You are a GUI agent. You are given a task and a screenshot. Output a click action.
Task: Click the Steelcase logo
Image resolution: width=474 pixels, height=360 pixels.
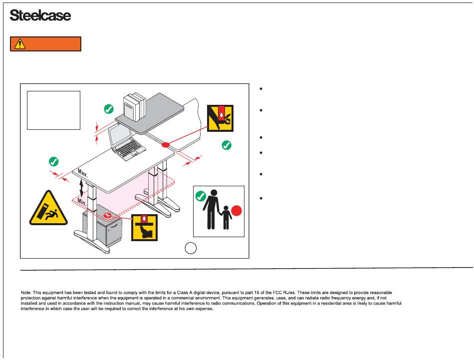pos(40,16)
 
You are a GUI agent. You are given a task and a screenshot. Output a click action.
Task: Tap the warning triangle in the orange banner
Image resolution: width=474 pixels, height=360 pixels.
pos(20,44)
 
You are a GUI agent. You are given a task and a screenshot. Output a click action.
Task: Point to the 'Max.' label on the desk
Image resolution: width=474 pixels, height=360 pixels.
pos(83,174)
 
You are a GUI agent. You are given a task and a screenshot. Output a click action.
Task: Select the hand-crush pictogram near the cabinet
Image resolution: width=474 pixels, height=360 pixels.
pos(144,227)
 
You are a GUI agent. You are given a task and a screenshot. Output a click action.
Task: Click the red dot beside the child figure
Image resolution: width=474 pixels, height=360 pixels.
pos(237,211)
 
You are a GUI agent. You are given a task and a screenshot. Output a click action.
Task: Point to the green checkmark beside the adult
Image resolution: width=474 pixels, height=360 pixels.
pos(201,196)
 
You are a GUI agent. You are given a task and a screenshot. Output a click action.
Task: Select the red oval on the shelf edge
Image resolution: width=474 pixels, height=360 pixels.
pos(165,145)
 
